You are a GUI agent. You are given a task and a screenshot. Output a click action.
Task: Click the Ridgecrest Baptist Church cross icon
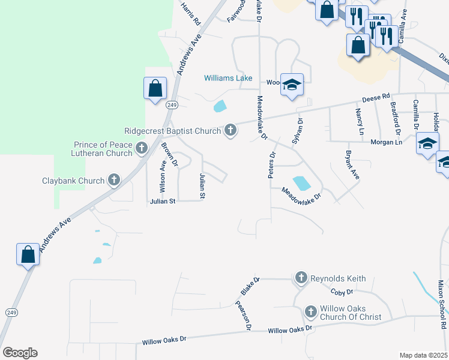[x=230, y=130]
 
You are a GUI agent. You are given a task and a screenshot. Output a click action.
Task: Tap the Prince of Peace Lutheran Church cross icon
[x=142, y=148]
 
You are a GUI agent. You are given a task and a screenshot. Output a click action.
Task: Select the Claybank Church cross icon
[x=113, y=180]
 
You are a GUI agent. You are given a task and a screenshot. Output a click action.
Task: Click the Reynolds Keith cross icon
[x=301, y=278]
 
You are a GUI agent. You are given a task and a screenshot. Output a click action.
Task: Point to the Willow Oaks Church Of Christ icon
[x=310, y=311]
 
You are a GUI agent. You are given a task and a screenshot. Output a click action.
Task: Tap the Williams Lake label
[x=228, y=78]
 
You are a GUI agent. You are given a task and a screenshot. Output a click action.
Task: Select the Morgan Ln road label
[x=386, y=142]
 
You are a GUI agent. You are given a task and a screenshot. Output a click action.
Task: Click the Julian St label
[x=162, y=202]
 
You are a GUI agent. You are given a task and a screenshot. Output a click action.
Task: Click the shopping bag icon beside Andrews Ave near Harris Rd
[x=155, y=88]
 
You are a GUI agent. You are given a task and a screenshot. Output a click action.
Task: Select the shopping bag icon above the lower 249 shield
[x=28, y=254]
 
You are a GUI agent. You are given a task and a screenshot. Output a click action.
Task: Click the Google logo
[x=20, y=353]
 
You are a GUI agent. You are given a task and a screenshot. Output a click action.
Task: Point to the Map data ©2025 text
[x=423, y=355]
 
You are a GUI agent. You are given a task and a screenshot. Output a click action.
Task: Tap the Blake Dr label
[x=250, y=286]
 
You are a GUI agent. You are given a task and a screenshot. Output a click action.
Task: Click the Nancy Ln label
[x=360, y=121]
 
